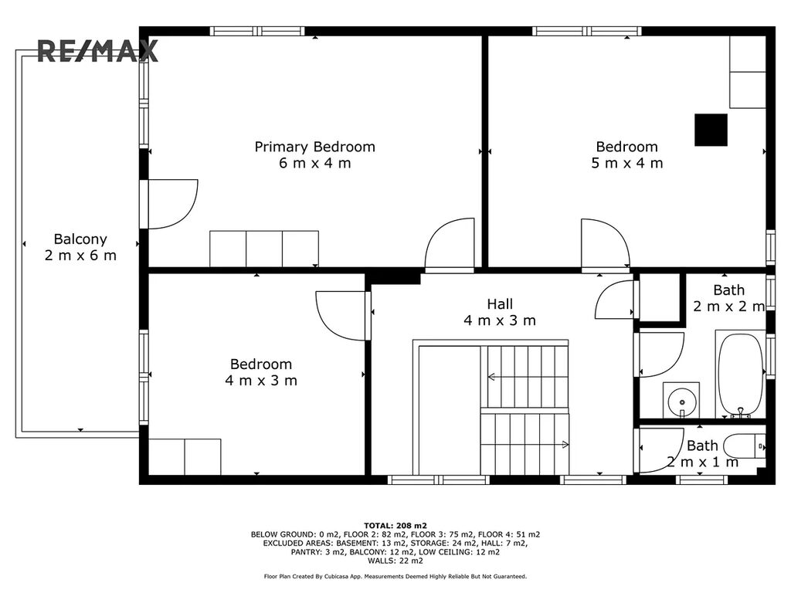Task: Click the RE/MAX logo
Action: coord(98,51)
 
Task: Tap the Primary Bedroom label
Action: coord(315,147)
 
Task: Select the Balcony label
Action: coord(80,239)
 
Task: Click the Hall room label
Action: coord(500,304)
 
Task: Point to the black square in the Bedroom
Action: coord(711,130)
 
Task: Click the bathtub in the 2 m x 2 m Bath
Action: coord(741,375)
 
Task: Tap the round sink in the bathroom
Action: coord(681,402)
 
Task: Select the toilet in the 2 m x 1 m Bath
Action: coord(745,446)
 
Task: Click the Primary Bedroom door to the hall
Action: coord(450,244)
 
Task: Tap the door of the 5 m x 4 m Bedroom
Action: coord(606,245)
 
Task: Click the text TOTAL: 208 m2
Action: coord(395,526)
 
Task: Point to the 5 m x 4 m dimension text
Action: coord(627,163)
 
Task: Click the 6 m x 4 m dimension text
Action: coord(315,163)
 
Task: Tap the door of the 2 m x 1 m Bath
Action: coord(661,450)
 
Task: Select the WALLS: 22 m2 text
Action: coord(395,561)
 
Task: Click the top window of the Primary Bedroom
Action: coord(257,31)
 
